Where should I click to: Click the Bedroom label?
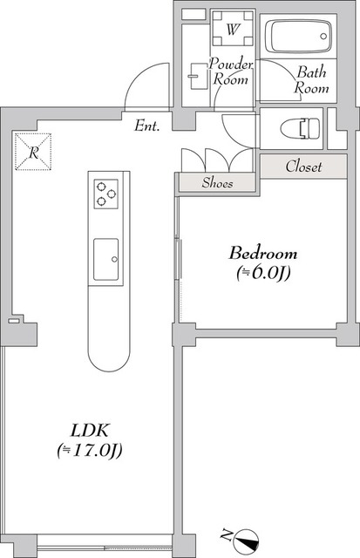coord(262,255)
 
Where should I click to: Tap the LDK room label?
coord(90,431)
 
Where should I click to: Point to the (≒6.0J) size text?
coord(262,273)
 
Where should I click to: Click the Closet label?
coord(303,167)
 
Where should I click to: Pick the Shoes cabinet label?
coord(217,183)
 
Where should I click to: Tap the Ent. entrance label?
coord(146,127)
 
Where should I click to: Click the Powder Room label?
coord(231,71)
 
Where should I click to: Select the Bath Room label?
coord(310,80)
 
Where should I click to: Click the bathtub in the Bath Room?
coord(298,38)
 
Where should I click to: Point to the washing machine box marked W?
coord(232,30)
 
